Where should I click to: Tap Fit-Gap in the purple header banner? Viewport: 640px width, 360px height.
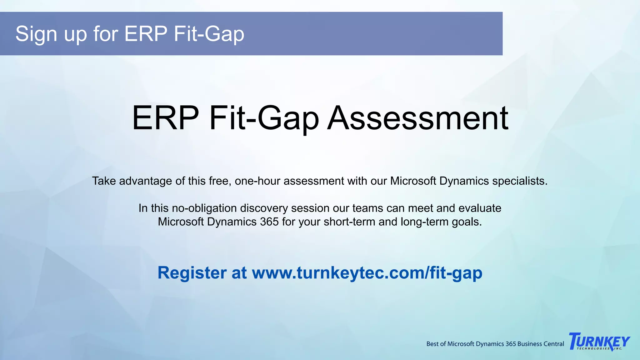tap(209, 34)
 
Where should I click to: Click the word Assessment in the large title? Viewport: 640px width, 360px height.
tap(417, 118)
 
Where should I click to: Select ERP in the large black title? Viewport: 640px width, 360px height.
tap(165, 118)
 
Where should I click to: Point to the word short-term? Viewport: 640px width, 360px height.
tap(349, 222)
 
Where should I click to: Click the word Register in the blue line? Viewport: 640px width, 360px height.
tap(192, 273)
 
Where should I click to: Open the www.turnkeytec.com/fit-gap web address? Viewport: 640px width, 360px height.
tap(367, 273)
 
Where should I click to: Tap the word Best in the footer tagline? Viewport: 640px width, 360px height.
tap(432, 344)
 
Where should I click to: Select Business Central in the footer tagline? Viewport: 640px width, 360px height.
tap(541, 344)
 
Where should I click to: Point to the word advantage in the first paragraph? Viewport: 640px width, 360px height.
tap(145, 181)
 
